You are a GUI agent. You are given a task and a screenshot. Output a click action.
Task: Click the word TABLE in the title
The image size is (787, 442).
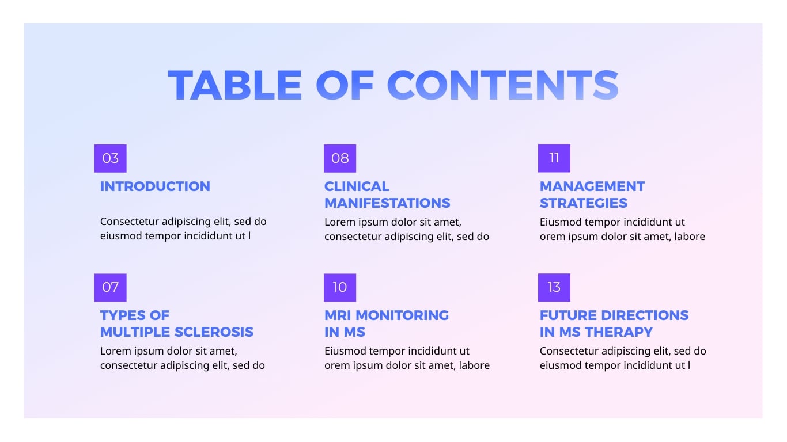tap(234, 85)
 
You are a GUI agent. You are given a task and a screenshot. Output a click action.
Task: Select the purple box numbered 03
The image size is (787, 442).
tap(110, 158)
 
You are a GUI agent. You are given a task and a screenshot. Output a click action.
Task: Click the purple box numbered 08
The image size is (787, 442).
tap(340, 158)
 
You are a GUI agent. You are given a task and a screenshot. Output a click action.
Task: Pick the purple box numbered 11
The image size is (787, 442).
tap(554, 158)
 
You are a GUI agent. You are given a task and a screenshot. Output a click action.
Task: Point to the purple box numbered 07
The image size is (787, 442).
tap(110, 287)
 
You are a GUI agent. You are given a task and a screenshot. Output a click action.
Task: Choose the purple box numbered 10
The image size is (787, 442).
tap(340, 287)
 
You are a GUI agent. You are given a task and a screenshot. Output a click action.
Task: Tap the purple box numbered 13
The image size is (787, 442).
tap(554, 287)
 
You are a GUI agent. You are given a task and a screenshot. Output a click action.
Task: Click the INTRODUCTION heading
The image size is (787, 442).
tap(155, 186)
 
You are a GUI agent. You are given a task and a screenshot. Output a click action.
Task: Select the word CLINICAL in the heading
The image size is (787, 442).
tap(357, 186)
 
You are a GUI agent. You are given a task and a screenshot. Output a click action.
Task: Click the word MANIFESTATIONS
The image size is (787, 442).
tap(387, 203)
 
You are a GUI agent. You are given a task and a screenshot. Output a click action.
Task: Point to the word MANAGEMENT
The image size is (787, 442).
tap(592, 186)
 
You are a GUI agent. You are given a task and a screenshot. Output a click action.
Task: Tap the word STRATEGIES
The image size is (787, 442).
tap(584, 203)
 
